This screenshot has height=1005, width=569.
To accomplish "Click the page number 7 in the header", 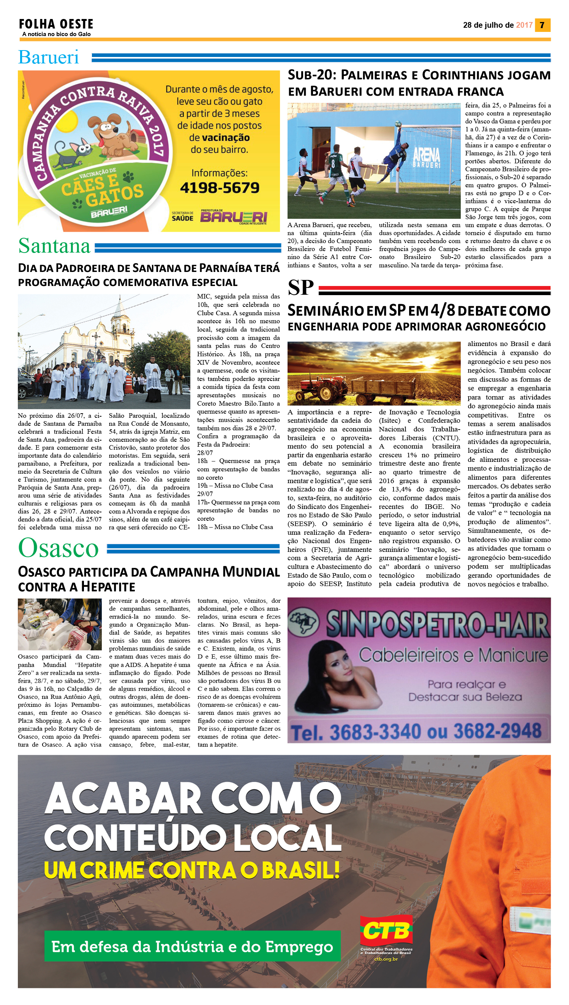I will click(x=542, y=25).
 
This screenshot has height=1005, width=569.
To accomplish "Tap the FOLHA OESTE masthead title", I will click(x=56, y=24).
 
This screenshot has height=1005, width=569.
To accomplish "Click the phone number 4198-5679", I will click(x=219, y=188).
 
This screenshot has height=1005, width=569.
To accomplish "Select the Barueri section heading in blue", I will click(x=49, y=57).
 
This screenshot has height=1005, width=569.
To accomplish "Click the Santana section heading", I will click(x=54, y=246).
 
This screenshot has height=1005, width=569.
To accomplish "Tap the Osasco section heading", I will click(x=58, y=548).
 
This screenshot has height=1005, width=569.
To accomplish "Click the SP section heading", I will click(x=300, y=288).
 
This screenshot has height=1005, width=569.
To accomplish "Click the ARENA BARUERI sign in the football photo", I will click(x=426, y=158).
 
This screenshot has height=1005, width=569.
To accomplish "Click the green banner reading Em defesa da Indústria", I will click(x=192, y=947).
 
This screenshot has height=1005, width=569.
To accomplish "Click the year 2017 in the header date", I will click(x=524, y=25).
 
